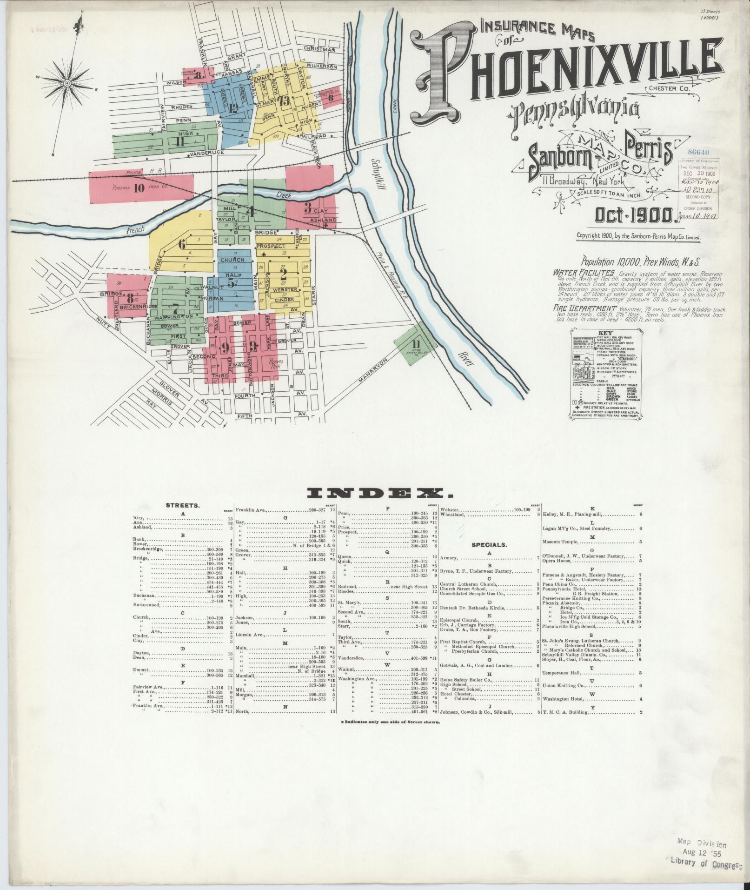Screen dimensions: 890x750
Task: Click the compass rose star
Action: (x=67, y=83)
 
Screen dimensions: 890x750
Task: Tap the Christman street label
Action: (x=319, y=49)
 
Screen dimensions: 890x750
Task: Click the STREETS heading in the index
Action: (x=183, y=505)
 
